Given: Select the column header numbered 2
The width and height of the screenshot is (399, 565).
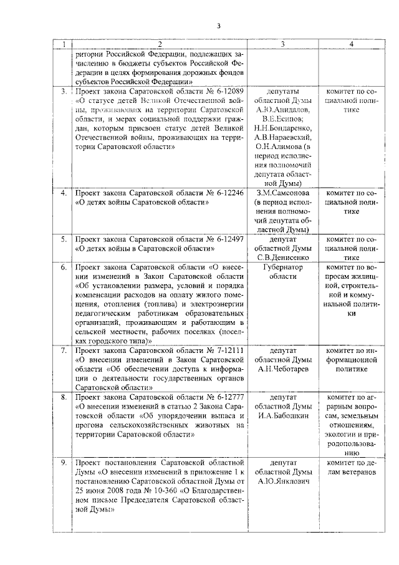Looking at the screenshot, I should [160, 44].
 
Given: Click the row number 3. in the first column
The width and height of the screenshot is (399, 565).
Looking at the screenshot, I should [63, 91].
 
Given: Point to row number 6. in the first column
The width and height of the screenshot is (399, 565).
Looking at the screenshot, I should [63, 268].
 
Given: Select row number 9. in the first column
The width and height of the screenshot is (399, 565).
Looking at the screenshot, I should [63, 463].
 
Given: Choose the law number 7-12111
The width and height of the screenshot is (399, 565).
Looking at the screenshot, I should [224, 350].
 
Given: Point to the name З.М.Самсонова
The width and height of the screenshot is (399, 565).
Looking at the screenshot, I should [283, 193].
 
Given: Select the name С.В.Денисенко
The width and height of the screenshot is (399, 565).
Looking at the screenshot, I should [283, 256].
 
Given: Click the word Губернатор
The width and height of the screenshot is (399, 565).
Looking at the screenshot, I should [283, 268].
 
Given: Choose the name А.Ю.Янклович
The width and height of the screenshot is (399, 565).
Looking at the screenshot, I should [283, 481].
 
